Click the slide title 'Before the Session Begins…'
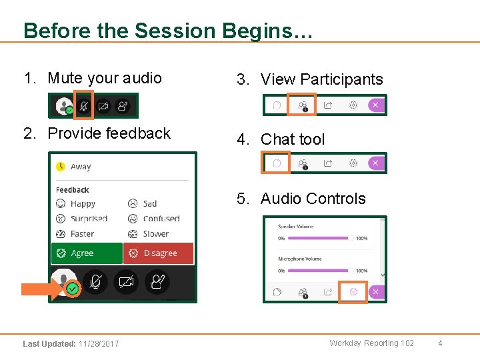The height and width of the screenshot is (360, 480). point(167,31)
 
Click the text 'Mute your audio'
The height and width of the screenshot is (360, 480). point(105,78)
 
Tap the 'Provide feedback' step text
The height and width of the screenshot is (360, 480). point(109,133)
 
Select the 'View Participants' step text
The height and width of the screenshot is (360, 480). point(322,79)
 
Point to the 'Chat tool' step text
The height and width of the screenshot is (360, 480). point(293,139)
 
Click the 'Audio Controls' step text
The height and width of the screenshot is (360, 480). point(313,199)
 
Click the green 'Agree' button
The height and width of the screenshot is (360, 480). point(87,253)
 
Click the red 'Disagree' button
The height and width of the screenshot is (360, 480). point(158,253)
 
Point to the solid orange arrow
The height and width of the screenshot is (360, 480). point(41,289)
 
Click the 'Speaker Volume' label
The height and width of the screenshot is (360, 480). point(296,227)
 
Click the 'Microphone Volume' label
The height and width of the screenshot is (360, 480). point(300,259)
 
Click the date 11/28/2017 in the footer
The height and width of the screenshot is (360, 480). point(98,344)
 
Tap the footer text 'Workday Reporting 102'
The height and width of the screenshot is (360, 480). point(371,343)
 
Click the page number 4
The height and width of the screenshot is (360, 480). point(440,343)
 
